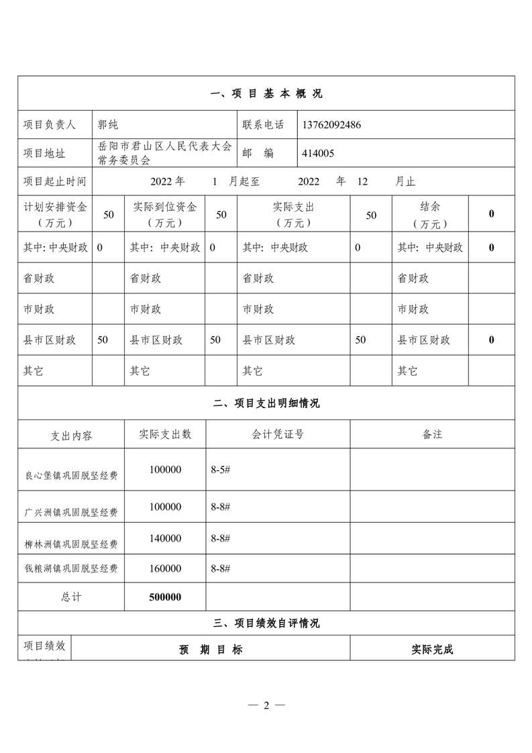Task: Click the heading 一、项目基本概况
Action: click(x=266, y=94)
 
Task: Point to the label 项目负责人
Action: click(x=50, y=125)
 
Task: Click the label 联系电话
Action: click(x=263, y=125)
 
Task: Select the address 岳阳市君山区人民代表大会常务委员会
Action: click(x=164, y=153)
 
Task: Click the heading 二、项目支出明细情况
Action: click(x=266, y=403)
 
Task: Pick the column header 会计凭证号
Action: click(x=278, y=434)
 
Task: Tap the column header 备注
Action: click(x=432, y=434)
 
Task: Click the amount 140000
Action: click(x=165, y=538)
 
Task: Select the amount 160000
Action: click(x=165, y=568)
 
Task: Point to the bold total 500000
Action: click(x=165, y=597)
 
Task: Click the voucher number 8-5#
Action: click(x=221, y=470)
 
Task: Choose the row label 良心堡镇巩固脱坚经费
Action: click(x=71, y=476)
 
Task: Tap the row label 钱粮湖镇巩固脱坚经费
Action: click(x=71, y=569)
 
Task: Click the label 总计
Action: click(x=71, y=597)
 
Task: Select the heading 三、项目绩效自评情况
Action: click(x=266, y=623)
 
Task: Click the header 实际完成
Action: click(x=432, y=650)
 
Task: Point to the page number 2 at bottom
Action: click(x=266, y=705)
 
